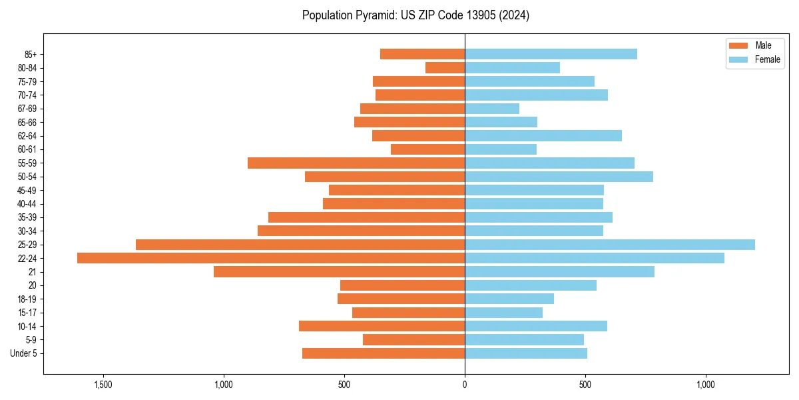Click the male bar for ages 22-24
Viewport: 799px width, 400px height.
271,258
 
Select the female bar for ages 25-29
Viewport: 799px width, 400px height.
610,245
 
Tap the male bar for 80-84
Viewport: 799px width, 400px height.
445,67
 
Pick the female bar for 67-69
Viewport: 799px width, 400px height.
492,109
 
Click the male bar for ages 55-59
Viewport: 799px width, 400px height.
356,163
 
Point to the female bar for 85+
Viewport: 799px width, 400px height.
551,54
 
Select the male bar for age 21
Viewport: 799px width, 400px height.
339,271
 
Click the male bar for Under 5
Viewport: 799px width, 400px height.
384,353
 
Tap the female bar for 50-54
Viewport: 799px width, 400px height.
559,177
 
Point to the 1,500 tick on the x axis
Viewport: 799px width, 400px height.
103,385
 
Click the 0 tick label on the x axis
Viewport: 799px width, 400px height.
465,385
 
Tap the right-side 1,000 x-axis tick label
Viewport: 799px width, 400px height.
706,385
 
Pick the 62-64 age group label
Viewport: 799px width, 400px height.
27,136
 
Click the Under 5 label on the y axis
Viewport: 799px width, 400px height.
23,353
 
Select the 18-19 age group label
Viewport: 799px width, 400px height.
27,299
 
